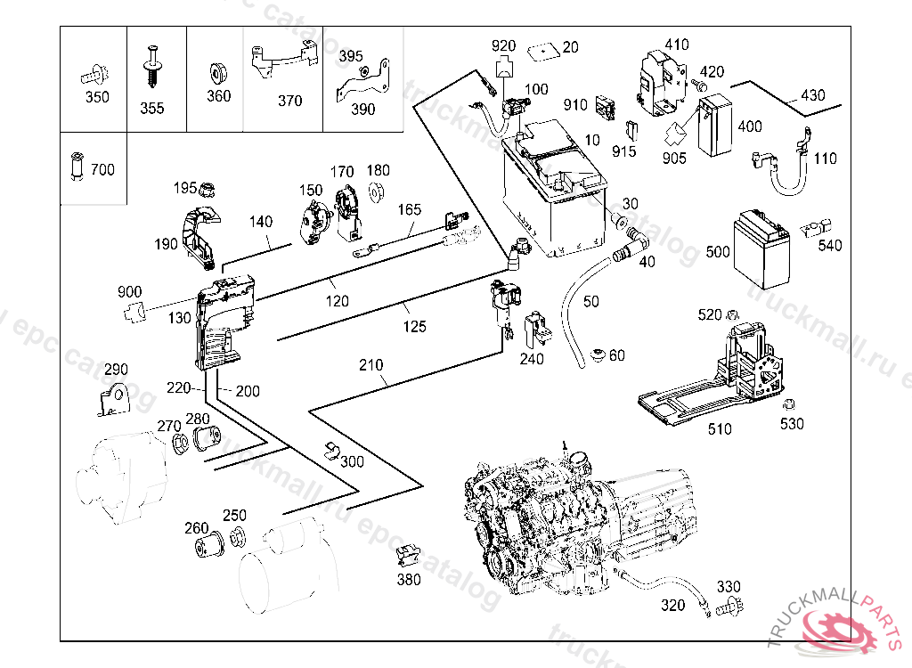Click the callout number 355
pos(151,109)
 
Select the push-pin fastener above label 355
pos(151,66)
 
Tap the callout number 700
pos(102,170)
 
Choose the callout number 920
pos(504,46)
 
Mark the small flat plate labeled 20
pos(543,53)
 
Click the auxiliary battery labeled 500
pos(762,249)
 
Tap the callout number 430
pos(812,94)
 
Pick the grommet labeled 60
pos(598,354)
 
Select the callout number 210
pos(370,365)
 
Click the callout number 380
pos(408,580)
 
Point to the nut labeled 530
pos(788,403)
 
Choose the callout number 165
pos(410,209)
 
